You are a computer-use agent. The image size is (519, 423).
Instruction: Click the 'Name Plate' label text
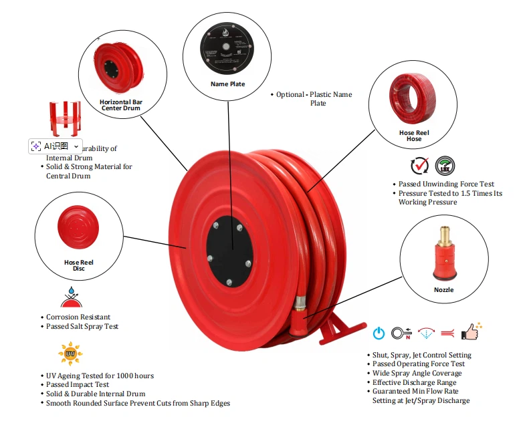pos(227,84)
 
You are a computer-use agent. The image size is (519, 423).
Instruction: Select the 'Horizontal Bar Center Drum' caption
pos(121,105)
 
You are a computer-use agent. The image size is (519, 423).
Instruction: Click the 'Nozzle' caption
pos(443,290)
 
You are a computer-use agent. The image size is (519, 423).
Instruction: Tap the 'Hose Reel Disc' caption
pos(79,265)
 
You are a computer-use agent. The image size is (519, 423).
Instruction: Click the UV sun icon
pos(70,353)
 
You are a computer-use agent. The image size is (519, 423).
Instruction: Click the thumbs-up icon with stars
pos(471,331)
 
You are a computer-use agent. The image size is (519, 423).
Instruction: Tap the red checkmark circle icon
pos(420,166)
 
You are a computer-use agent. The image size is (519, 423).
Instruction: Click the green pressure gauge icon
pos(445,166)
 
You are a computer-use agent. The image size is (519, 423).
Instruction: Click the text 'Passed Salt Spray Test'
pos(82,326)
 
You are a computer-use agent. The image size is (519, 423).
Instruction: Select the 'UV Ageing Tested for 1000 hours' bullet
pos(100,376)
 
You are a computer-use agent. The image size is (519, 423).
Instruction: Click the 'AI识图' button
pos(55,146)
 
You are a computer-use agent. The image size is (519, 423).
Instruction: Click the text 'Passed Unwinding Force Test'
pos(446,184)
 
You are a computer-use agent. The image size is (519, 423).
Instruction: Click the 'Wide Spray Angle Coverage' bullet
pos(417,373)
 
